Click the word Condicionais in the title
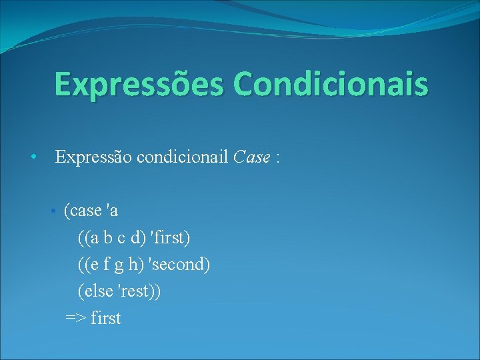click(331, 85)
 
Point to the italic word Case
click(252, 157)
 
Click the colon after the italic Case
click(277, 159)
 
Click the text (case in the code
click(83, 212)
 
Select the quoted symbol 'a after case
click(112, 211)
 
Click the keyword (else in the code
click(95, 291)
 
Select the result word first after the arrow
click(106, 318)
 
